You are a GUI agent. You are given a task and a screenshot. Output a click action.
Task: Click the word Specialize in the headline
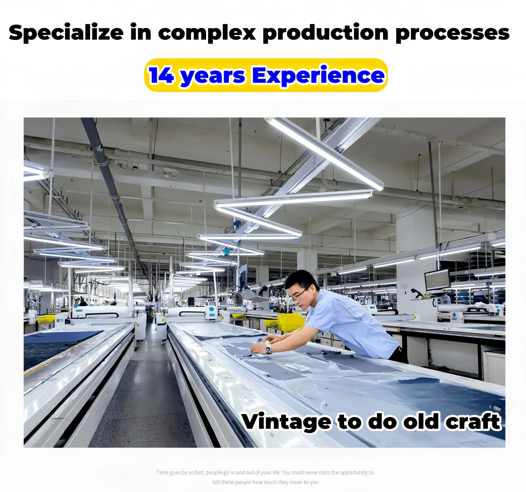66,33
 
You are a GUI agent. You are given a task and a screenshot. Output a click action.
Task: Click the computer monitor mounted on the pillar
437,279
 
